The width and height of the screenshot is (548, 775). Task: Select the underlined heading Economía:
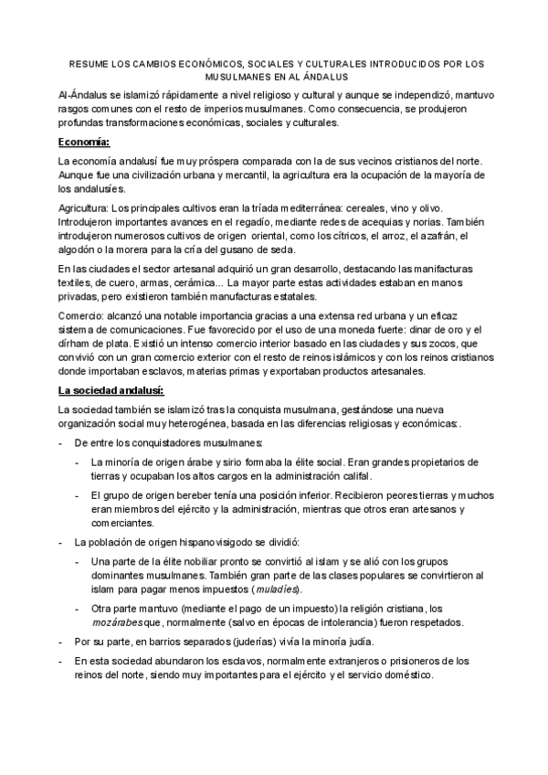(83, 142)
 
